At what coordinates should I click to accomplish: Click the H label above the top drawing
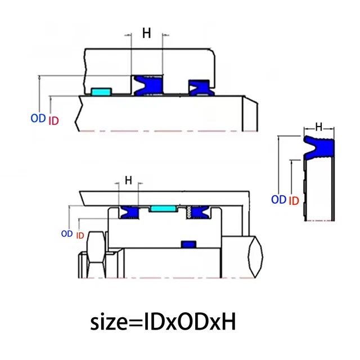pos(147,33)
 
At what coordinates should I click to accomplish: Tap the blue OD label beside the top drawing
pos(38,119)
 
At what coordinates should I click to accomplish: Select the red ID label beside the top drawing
pos(54,121)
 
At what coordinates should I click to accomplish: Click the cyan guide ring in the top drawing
pos(101,91)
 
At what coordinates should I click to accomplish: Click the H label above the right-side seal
pos(319,127)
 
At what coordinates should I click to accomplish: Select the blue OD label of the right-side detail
pos(279,200)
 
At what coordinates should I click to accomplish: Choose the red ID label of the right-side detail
pos(294,201)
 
